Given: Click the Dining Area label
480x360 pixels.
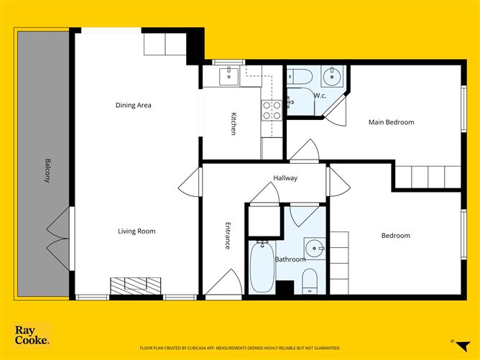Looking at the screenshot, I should (134, 106).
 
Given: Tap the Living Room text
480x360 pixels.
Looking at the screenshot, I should (137, 231).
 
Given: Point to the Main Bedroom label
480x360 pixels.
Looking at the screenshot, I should (391, 122).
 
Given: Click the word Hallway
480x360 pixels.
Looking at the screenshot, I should (285, 178).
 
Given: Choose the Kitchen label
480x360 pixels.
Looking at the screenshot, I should (234, 124).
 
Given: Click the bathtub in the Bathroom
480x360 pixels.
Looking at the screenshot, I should (262, 266).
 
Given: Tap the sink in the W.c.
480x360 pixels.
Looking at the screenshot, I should (333, 75).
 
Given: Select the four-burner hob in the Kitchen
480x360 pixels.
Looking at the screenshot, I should (272, 109).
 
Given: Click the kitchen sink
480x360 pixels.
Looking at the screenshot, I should (230, 75).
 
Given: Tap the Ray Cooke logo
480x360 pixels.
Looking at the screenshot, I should (32, 335).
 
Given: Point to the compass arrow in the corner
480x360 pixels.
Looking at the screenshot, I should (451, 340).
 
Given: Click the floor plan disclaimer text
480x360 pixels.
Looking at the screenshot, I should (239, 346).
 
